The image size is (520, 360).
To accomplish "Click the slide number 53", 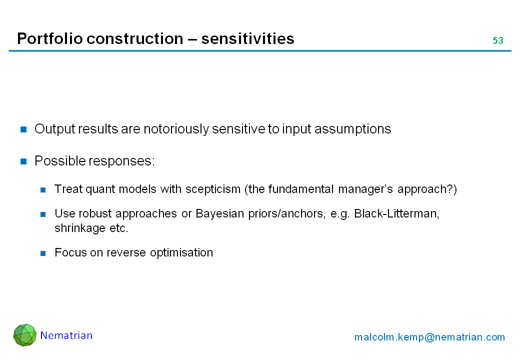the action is (498, 40).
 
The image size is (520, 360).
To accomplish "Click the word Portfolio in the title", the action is (49, 38).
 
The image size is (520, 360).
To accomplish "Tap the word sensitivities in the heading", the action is (247, 38).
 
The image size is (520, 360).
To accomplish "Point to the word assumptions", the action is (353, 129).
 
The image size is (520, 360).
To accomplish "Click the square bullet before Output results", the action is (23, 129).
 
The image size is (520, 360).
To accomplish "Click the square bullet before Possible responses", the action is (23, 161).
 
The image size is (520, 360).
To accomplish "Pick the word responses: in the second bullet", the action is (122, 161).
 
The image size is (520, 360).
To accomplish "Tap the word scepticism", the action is (213, 189).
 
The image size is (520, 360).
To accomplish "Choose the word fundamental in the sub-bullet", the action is (301, 189).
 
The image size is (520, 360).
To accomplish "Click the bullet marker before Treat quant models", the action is (43, 190).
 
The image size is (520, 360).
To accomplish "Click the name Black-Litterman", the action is (396, 213).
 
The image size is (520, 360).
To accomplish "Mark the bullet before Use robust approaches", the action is (43, 214).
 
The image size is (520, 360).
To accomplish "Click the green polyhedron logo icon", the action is (25, 335).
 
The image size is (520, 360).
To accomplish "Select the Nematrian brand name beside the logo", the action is (66, 335).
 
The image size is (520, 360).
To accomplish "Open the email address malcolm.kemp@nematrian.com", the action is (429, 337).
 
